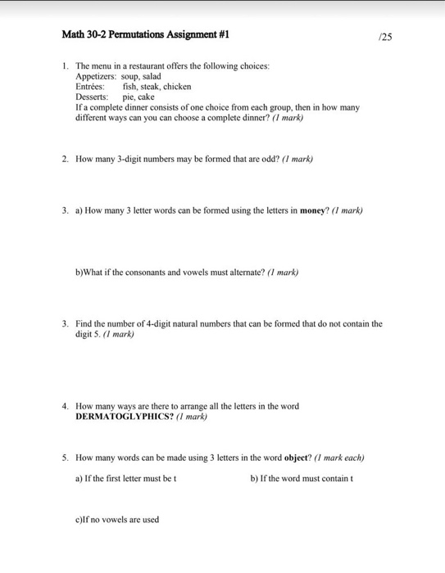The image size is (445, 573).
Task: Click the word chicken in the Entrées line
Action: point(179,86)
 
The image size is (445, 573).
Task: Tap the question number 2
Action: point(65,160)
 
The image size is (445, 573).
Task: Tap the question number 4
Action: point(65,405)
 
